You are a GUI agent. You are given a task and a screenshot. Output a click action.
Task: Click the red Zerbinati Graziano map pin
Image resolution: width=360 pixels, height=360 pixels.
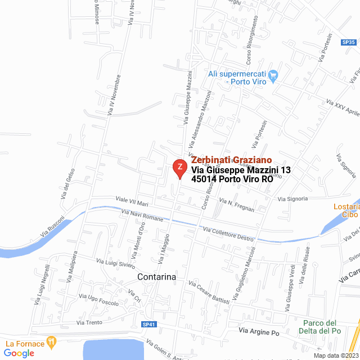[179, 168]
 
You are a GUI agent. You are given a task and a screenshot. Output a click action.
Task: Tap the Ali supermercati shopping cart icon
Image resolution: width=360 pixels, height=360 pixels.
[273, 75]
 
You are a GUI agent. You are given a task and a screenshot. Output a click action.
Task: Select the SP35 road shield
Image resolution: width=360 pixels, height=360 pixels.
[349, 42]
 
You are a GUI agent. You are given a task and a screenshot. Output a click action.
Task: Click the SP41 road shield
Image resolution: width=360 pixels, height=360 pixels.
[148, 325]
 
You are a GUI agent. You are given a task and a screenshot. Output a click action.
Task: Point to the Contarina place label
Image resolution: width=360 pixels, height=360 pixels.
[157, 277]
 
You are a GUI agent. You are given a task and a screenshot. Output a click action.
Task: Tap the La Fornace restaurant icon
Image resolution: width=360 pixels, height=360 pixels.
[52, 341]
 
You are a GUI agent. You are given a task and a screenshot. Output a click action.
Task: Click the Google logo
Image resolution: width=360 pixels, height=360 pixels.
[19, 353]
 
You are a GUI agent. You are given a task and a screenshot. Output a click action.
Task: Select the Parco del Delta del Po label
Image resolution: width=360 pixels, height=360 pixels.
[319, 327]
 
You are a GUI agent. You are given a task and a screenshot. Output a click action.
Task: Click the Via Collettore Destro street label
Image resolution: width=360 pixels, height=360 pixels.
[228, 233]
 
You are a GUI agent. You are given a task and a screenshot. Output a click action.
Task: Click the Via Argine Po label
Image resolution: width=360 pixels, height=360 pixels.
[259, 332]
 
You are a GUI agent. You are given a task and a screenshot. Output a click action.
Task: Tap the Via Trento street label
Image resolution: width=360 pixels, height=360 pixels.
[89, 322]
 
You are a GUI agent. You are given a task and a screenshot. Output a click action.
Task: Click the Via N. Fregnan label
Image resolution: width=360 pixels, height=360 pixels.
[236, 205]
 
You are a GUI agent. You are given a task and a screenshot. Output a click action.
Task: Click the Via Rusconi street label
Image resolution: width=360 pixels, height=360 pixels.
[53, 226]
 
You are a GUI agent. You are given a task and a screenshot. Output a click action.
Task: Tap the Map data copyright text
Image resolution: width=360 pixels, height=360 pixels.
[335, 355]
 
